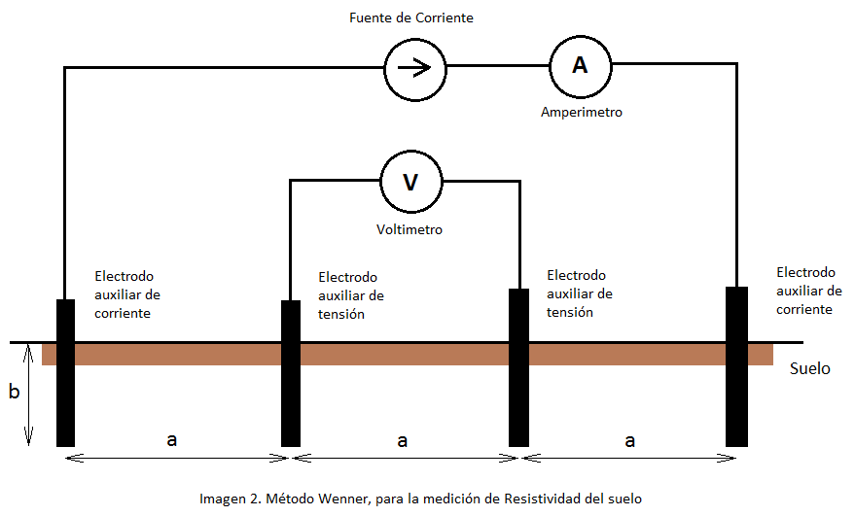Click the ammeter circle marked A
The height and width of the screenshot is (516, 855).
coord(581,65)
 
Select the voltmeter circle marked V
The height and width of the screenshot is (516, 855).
coord(410,182)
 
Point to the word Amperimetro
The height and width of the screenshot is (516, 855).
coord(581,113)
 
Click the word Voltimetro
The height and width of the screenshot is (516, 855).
coord(410,230)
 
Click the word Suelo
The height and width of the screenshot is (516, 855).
coord(810,369)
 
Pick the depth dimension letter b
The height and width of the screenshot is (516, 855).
coord(14,393)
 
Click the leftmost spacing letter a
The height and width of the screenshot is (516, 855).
coord(172,440)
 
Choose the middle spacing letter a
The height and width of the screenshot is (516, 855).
coord(403,440)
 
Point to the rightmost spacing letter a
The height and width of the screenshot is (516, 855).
coord(629,440)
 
